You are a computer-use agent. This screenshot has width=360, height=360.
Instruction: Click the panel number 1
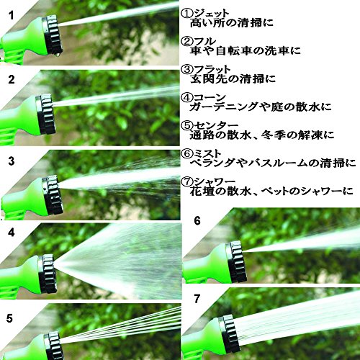click(x=12, y=16)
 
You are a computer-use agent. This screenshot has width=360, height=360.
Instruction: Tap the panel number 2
click(x=12, y=79)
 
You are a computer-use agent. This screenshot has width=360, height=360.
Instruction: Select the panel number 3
click(x=12, y=161)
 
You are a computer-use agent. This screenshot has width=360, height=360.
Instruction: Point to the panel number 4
click(x=12, y=233)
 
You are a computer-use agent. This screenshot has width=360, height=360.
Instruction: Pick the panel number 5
click(x=9, y=318)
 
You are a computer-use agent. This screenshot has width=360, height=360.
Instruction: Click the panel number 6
click(x=197, y=221)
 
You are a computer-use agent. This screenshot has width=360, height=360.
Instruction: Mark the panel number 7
click(x=197, y=299)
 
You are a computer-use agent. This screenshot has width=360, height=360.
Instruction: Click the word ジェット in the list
click(x=212, y=14)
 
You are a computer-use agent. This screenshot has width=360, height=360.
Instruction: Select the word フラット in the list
click(x=212, y=70)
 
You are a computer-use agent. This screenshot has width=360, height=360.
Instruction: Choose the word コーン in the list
click(x=210, y=97)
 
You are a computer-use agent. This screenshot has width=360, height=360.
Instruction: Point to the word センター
click(x=216, y=125)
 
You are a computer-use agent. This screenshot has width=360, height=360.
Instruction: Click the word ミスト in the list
click(x=207, y=153)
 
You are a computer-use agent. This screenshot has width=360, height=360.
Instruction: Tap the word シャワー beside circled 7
click(x=215, y=181)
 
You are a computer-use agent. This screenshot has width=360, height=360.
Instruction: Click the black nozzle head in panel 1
click(x=53, y=35)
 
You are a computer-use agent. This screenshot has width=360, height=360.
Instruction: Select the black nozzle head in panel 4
click(x=47, y=274)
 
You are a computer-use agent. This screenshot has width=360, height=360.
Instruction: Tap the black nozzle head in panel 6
click(x=236, y=261)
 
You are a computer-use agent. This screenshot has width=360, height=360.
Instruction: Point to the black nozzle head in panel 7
click(x=230, y=333)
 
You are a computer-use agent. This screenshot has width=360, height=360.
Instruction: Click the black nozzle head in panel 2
click(x=46, y=114)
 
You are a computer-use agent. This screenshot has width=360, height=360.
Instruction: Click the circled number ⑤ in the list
click(x=187, y=125)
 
